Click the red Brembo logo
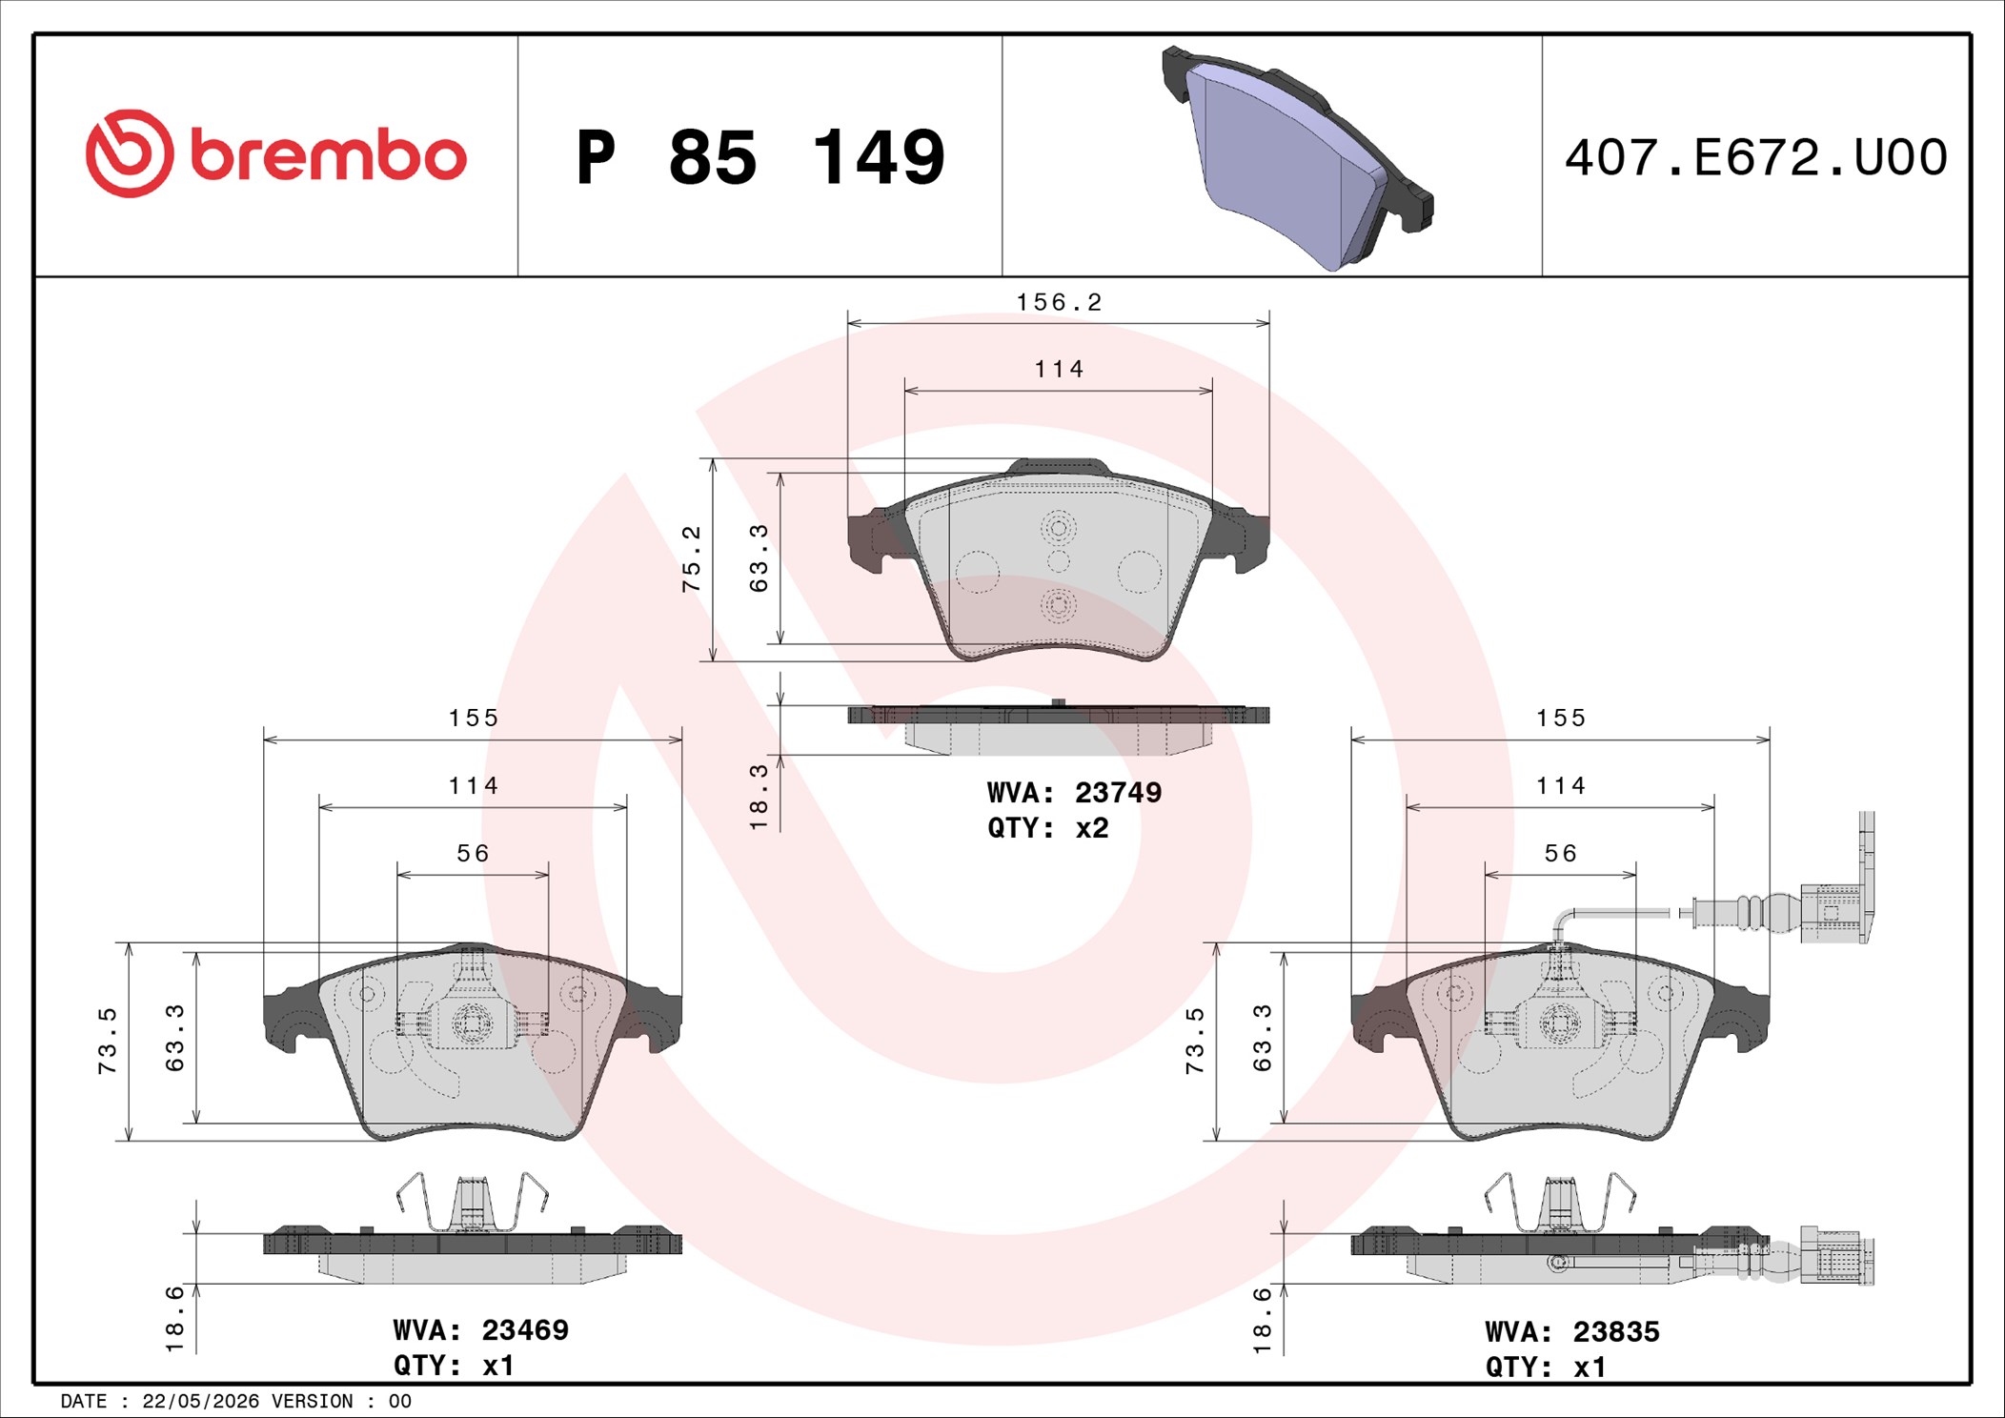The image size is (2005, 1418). [275, 154]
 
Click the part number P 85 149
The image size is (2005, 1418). [760, 157]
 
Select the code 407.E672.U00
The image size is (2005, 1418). [1756, 157]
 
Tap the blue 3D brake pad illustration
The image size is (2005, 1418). [1297, 157]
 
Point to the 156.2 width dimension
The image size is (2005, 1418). [1059, 302]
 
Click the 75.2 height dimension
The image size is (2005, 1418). [691, 558]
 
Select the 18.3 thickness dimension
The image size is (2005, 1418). [759, 797]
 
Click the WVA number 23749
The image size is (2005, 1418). [1118, 793]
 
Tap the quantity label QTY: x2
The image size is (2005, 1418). [1048, 828]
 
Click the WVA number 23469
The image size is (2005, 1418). [525, 1330]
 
